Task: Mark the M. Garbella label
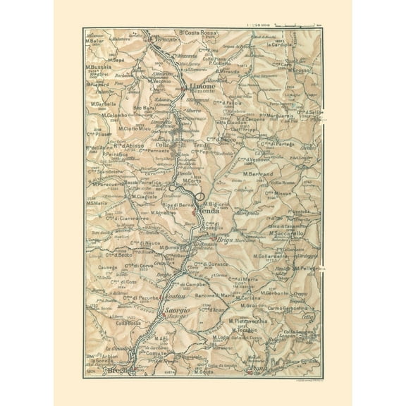point(104,104)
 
